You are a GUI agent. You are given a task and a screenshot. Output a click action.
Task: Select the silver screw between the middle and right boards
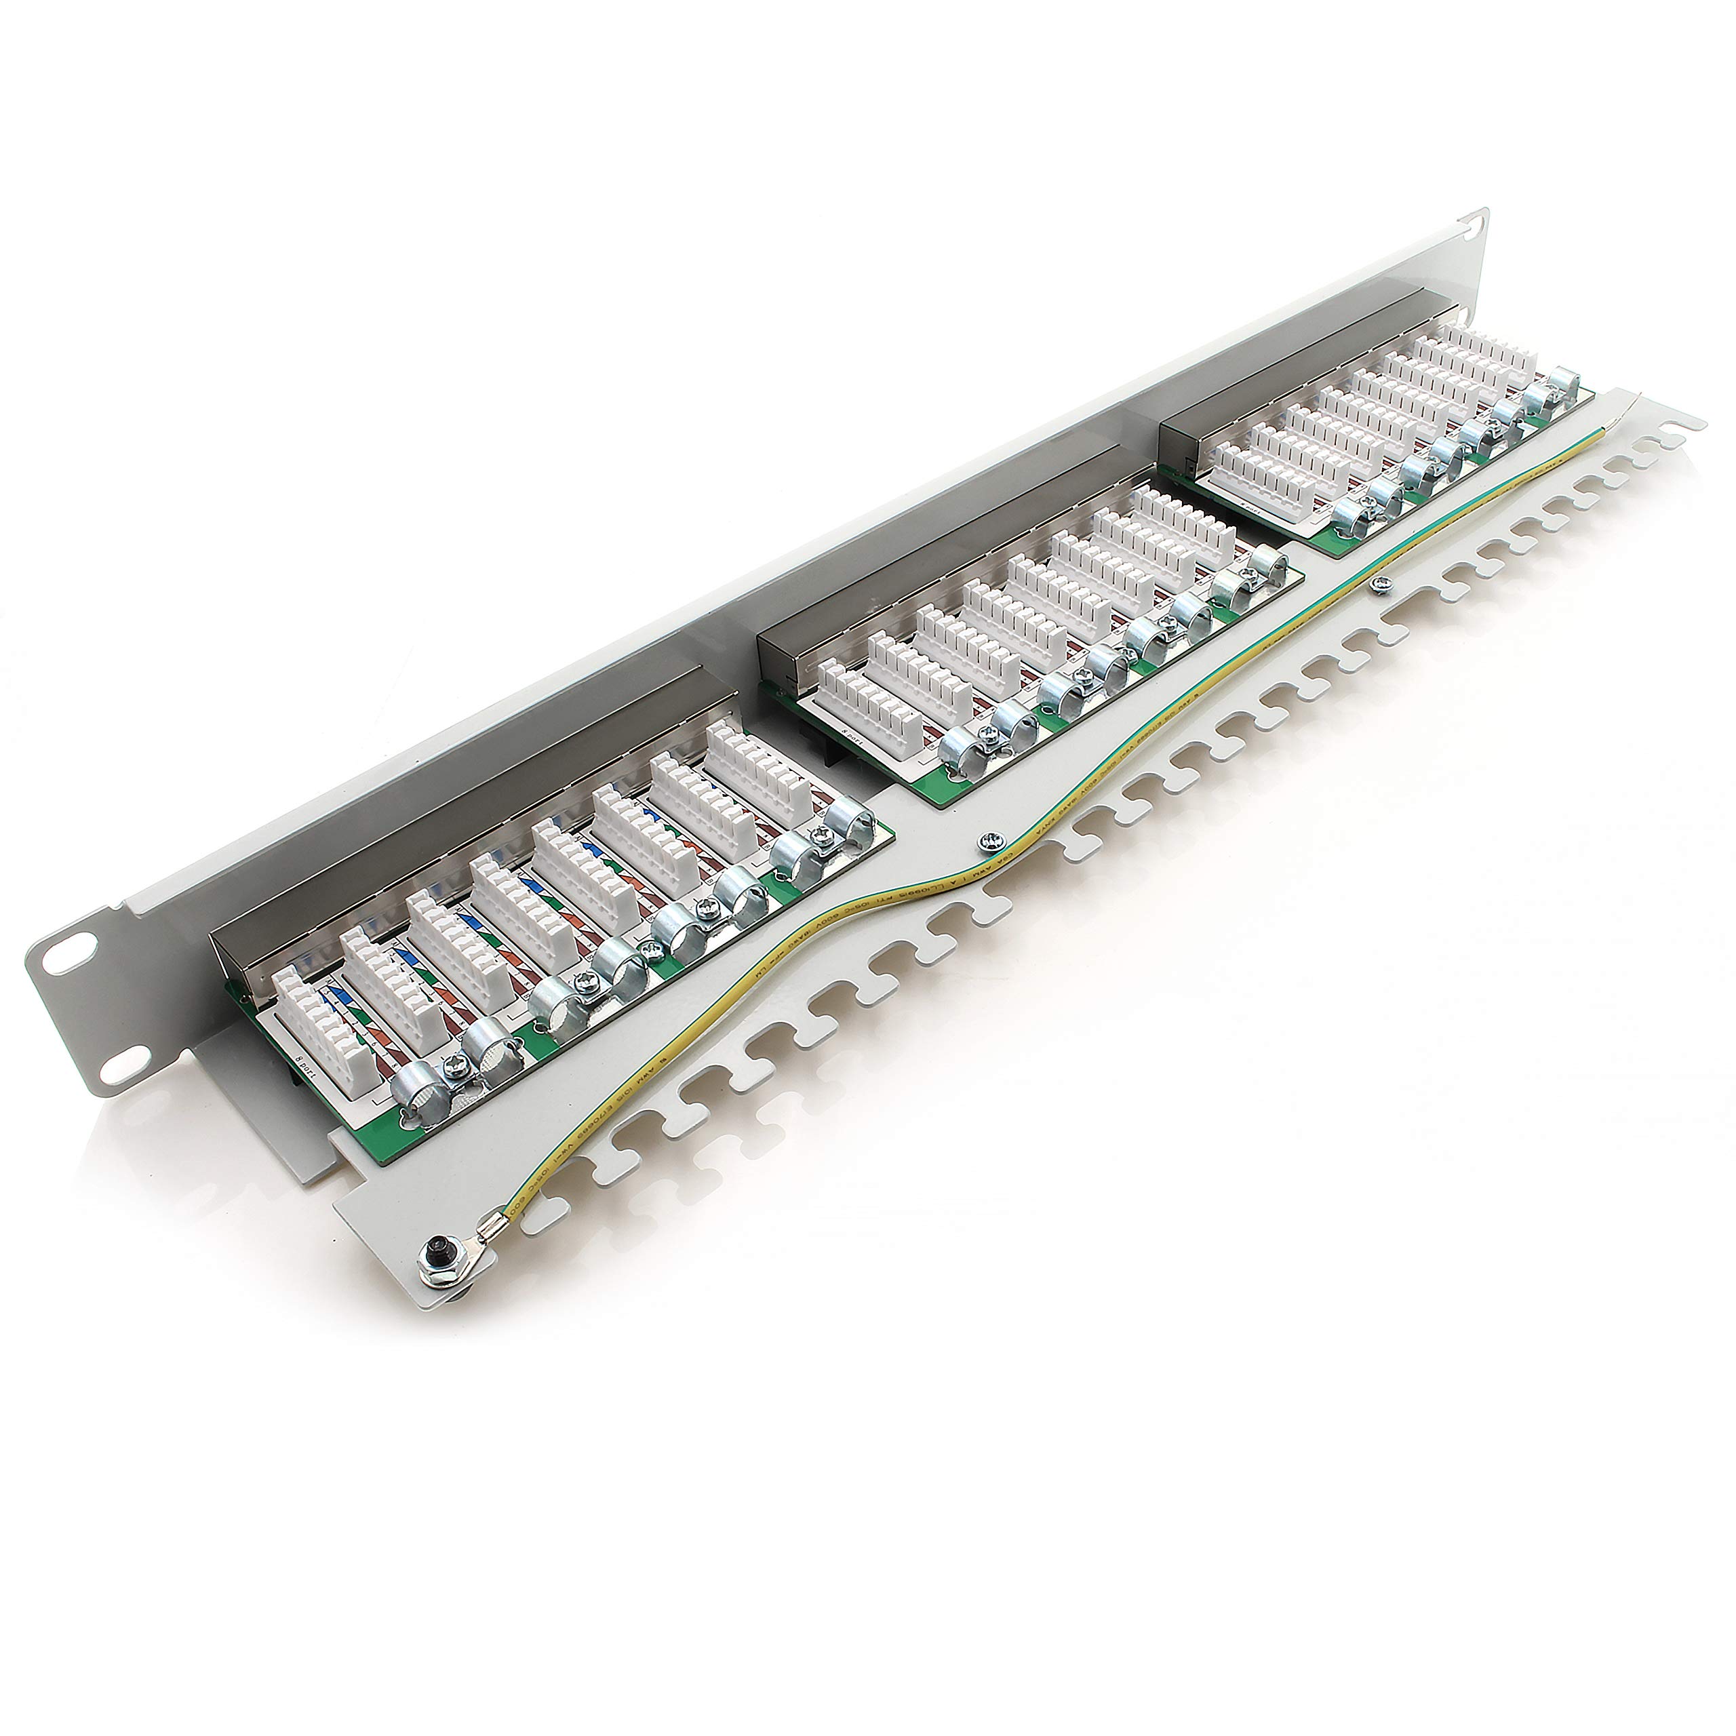[x=1379, y=587]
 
